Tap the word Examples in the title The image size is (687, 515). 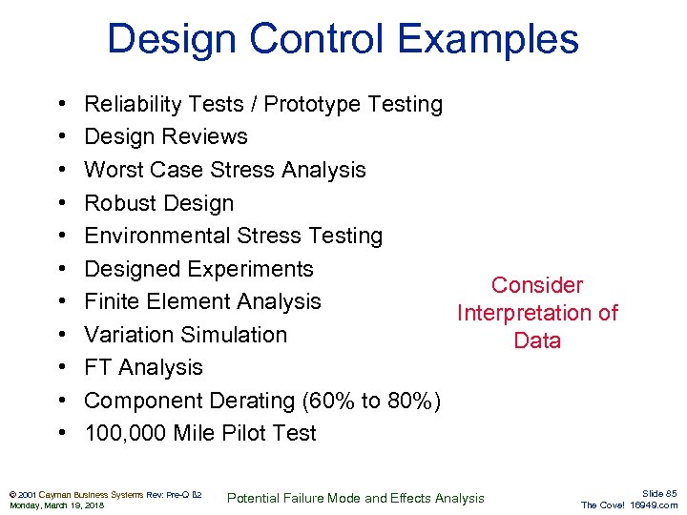(x=488, y=39)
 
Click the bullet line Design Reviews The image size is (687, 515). (x=166, y=137)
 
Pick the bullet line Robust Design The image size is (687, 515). (x=158, y=203)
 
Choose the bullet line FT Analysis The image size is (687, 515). (x=143, y=367)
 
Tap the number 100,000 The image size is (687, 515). (x=125, y=433)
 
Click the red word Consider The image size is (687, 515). (x=537, y=285)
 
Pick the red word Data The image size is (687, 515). (x=537, y=340)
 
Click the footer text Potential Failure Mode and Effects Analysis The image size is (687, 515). (x=355, y=498)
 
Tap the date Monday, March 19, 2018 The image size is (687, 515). (x=56, y=505)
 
